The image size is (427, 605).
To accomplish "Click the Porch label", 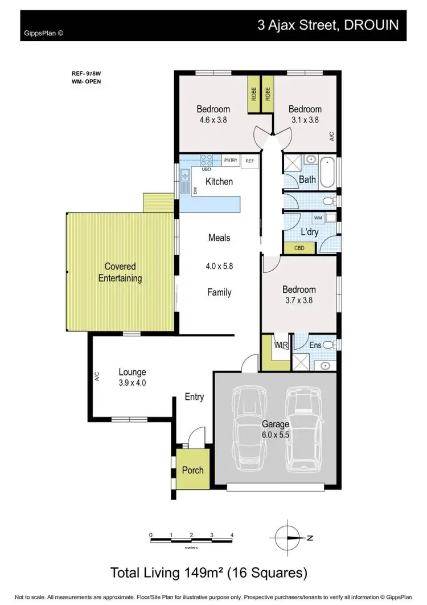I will [192, 470].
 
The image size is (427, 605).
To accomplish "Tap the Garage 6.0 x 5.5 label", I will [276, 429].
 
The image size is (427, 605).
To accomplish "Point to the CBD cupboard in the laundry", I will [299, 248].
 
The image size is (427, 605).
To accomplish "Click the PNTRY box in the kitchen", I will [231, 161].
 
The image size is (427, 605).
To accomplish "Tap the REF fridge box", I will [249, 161].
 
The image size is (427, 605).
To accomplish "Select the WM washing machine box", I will [317, 218].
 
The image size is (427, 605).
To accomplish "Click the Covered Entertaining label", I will [120, 272].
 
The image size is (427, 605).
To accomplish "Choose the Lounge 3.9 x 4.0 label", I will [133, 377].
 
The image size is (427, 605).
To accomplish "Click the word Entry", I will [194, 397].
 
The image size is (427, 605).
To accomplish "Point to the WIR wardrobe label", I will [282, 345].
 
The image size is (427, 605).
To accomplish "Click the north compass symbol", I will [290, 537].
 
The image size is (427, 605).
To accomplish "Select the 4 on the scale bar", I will [232, 535].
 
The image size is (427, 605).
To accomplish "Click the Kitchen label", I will [219, 182].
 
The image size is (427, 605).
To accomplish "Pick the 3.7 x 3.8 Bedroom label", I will [299, 295].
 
